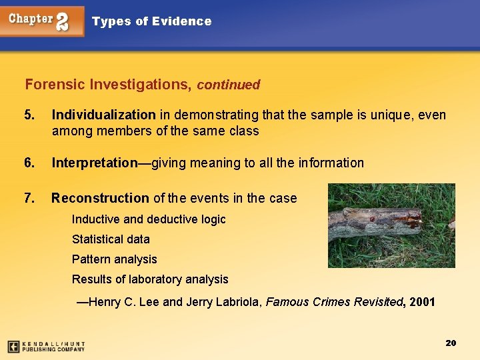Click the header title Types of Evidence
[x=151, y=21]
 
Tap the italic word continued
[x=228, y=85]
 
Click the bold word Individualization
[x=103, y=115]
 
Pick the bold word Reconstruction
[x=100, y=198]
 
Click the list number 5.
[x=29, y=115]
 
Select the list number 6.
[x=29, y=163]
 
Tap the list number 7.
[x=29, y=198]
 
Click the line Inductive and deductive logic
[x=149, y=219]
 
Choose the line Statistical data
[x=111, y=239]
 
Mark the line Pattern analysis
[x=114, y=259]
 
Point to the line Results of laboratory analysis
[x=150, y=279]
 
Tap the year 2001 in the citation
[x=423, y=302]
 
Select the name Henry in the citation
[x=103, y=302]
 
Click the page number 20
[x=450, y=343]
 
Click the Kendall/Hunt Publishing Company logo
[x=46, y=346]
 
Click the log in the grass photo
[x=377, y=225]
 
